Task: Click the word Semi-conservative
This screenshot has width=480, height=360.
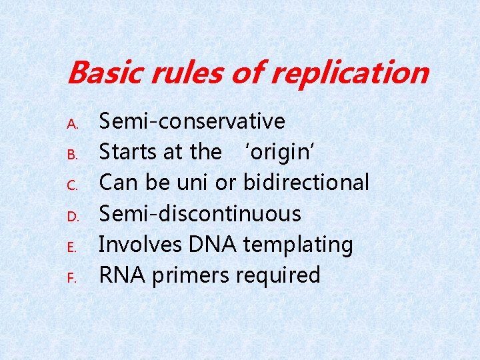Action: coord(192,121)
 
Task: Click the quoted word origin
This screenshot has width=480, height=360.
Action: coord(281,152)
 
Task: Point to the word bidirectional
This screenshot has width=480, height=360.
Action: coord(306,183)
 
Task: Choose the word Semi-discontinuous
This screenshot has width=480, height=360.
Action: coord(200,213)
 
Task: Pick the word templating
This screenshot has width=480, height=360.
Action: coord(297,245)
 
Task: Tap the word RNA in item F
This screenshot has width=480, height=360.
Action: coord(123,275)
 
